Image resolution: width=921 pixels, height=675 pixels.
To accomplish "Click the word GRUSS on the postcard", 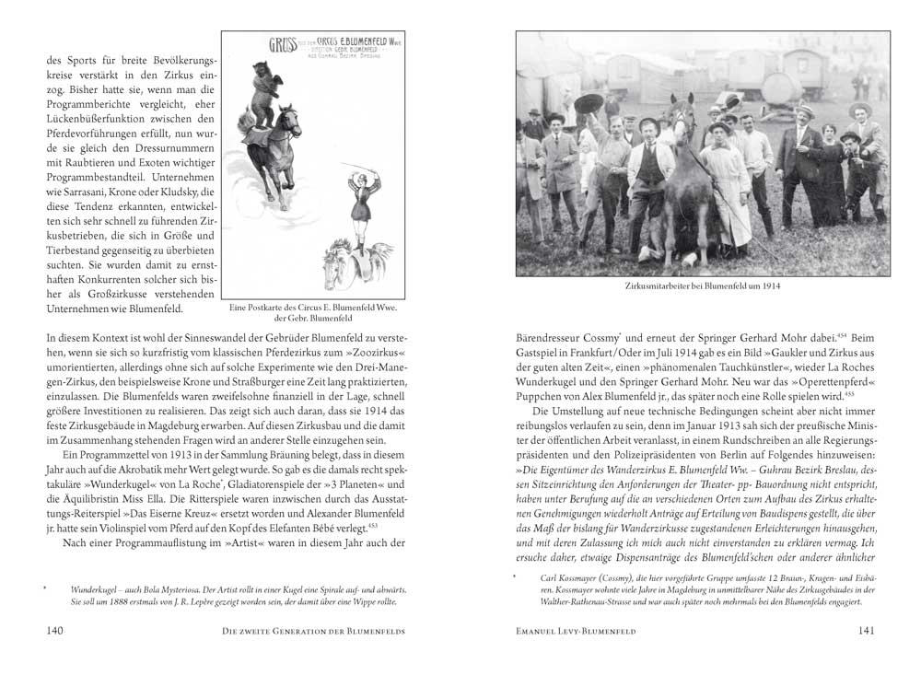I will point(281,44).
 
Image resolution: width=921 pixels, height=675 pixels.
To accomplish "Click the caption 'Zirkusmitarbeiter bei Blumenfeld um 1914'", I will point(703,286).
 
